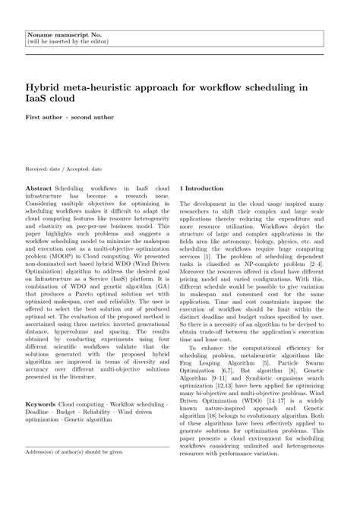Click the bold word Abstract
[x=39, y=186]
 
